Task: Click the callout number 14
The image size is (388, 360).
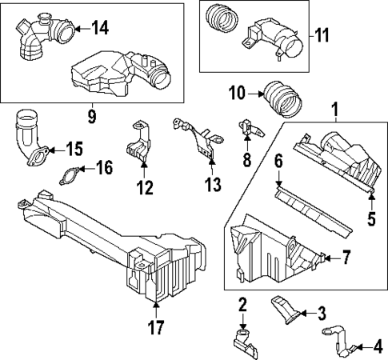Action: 99,29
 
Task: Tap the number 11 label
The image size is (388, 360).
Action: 321,35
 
